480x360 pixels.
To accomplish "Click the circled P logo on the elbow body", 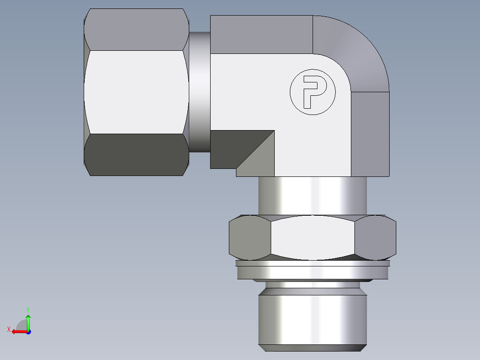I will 312,91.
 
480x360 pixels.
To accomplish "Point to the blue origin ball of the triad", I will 28,331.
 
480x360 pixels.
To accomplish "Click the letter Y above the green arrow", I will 28,309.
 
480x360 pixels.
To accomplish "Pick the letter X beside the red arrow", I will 8,330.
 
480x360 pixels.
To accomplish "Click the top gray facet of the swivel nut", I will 136,29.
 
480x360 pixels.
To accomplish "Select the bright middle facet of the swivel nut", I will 136,91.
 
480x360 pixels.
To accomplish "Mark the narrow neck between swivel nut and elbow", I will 199,91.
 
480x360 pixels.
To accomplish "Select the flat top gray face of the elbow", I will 261,34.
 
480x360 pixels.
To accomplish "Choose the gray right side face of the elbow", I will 370,134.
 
